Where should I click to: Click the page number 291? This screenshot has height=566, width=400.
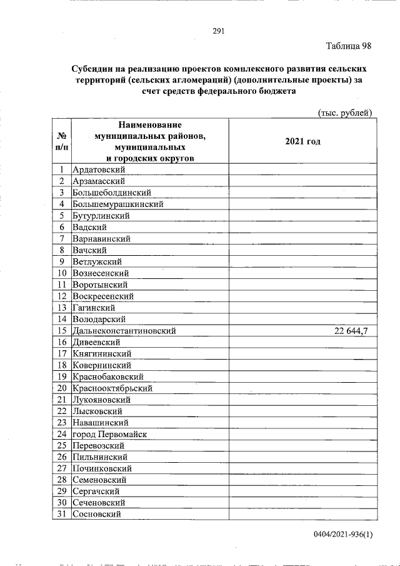tap(218, 31)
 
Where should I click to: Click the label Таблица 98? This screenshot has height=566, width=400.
tap(349, 47)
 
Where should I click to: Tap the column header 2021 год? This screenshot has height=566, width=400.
tap(302, 142)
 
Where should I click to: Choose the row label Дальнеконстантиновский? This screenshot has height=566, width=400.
tap(124, 330)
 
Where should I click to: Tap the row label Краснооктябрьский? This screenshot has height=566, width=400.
tap(112, 388)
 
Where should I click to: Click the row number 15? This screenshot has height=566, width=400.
tap(61, 330)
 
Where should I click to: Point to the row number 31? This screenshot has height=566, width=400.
tap(61, 514)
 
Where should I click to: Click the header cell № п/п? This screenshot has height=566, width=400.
tap(61, 141)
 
